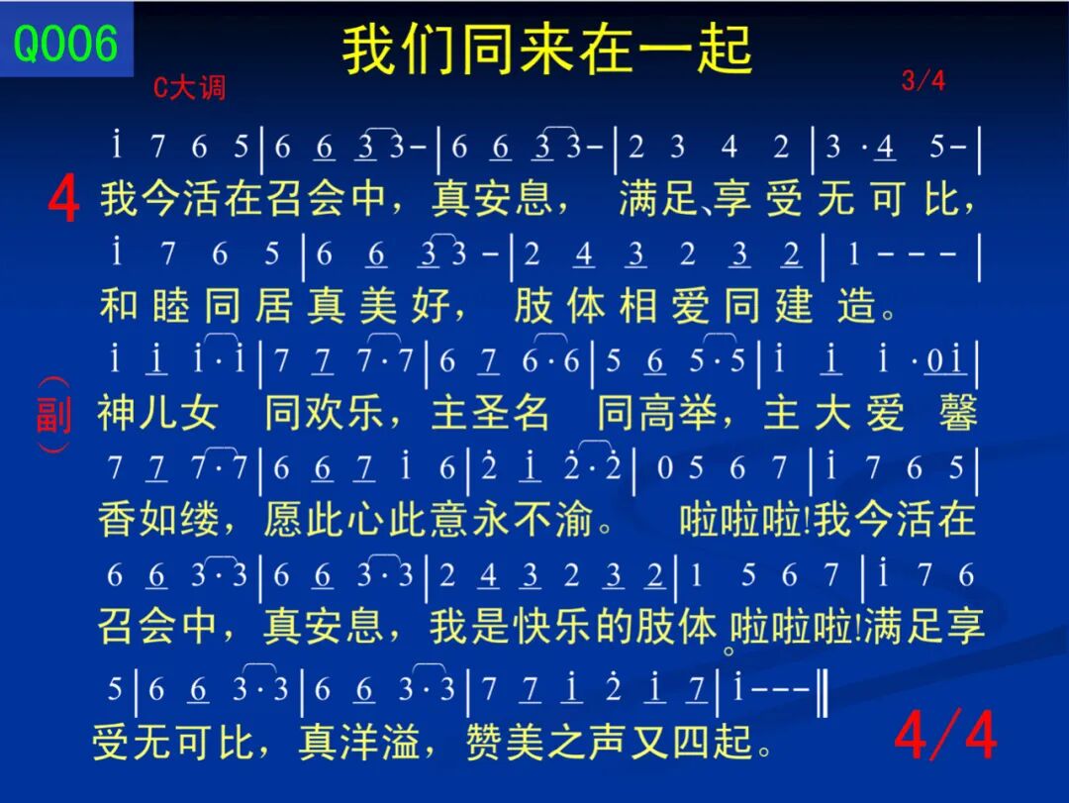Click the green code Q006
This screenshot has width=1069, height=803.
pyautogui.click(x=65, y=43)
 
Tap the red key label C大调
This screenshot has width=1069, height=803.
pyautogui.click(x=189, y=87)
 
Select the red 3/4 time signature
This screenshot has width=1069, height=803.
pyautogui.click(x=923, y=81)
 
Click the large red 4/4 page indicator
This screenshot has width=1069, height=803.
pyautogui.click(x=945, y=735)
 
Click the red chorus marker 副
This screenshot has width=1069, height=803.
pyautogui.click(x=53, y=414)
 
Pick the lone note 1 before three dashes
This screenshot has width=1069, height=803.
pyautogui.click(x=853, y=254)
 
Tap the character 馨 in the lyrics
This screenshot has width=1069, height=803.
pyautogui.click(x=958, y=412)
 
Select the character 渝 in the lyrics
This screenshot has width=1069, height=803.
pyautogui.click(x=572, y=519)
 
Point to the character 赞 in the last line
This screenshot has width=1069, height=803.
pyautogui.click(x=485, y=742)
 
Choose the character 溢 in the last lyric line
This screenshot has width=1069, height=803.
pyautogui.click(x=401, y=742)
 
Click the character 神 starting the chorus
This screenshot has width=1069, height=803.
pyautogui.click(x=117, y=412)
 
